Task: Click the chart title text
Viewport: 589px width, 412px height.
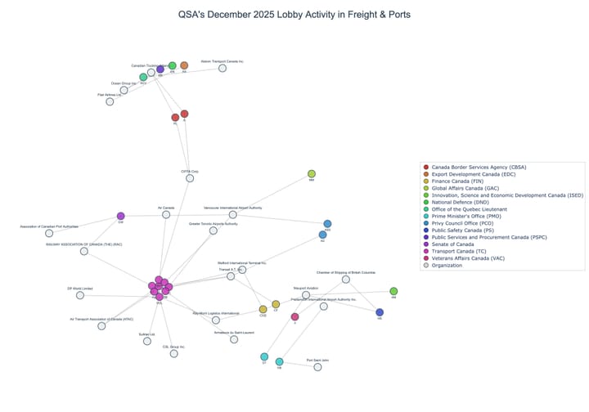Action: [x=294, y=15]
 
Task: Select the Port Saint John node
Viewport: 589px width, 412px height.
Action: [x=318, y=367]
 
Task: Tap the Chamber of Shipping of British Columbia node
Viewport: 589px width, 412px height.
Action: [x=346, y=280]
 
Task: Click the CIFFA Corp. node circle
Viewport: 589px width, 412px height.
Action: [x=190, y=178]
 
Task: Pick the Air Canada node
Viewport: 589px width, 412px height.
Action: [x=166, y=214]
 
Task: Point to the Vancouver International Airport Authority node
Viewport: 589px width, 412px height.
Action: [x=232, y=215]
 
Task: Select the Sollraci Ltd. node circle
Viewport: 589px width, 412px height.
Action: [x=147, y=341]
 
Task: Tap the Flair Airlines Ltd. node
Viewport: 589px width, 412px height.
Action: [x=110, y=101]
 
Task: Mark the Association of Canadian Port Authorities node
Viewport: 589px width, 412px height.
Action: [x=49, y=233]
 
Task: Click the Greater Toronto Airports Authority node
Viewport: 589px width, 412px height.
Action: [x=214, y=231]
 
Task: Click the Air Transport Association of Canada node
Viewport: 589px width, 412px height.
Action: [x=101, y=326]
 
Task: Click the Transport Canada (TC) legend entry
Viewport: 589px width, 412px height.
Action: [x=465, y=249]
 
